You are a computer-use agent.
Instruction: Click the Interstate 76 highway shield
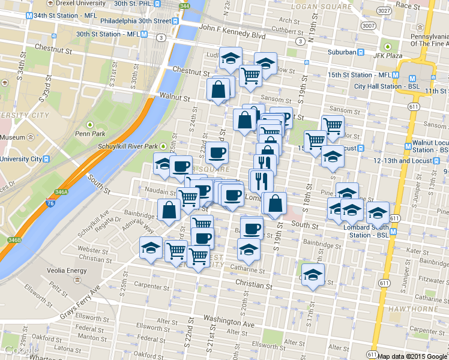[x=51, y=206]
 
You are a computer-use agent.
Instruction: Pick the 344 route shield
[x=185, y=7]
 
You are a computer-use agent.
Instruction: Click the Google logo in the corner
[x=19, y=351]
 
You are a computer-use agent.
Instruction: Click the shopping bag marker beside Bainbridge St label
[x=169, y=210]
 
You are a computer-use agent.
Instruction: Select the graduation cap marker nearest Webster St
[x=151, y=247]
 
